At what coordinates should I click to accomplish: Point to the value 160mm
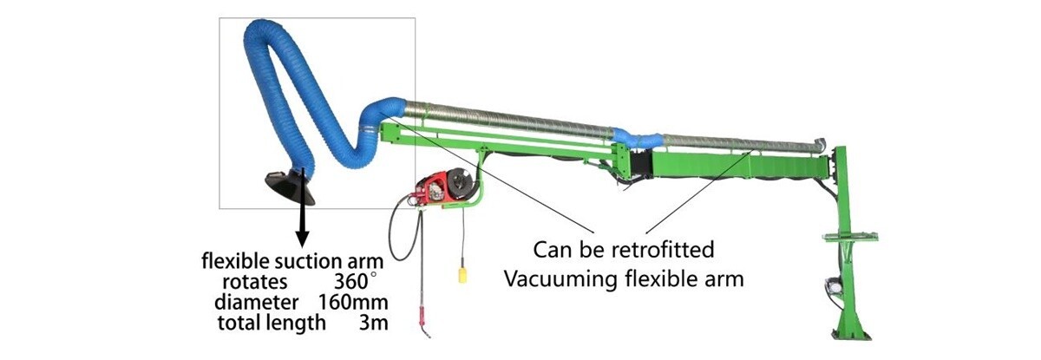356,303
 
